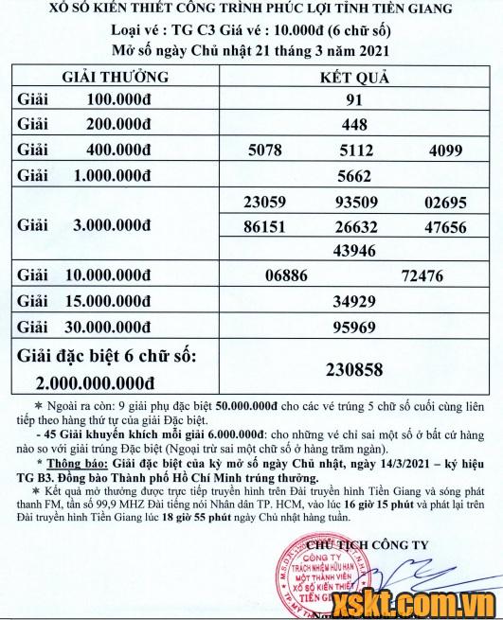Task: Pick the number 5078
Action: (264, 149)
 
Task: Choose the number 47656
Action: (446, 228)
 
